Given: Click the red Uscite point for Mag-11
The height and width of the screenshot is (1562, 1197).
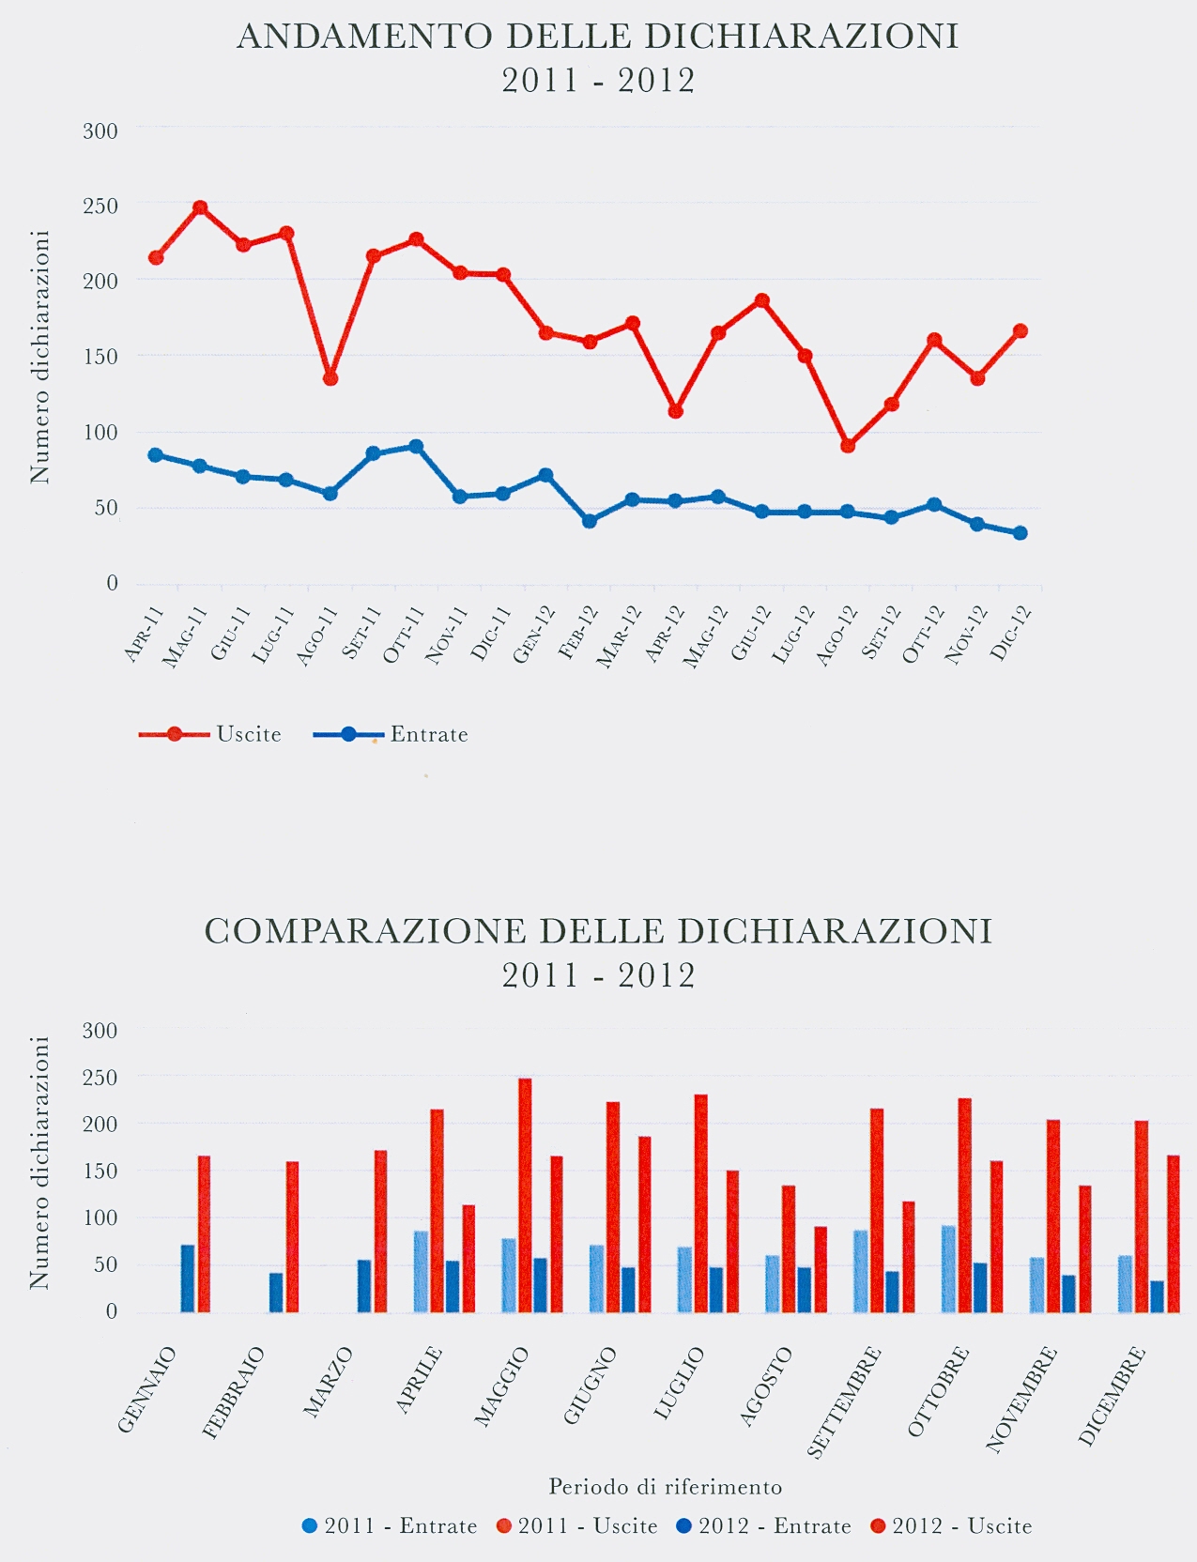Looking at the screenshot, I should (x=200, y=208).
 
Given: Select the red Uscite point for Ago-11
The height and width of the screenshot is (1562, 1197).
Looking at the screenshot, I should (x=330, y=378).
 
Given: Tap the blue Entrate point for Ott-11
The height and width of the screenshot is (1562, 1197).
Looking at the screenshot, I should (x=416, y=447).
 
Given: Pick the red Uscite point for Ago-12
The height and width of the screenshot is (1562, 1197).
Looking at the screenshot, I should (x=848, y=445).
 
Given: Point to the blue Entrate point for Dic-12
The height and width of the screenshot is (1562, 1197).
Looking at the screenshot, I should (x=1021, y=533).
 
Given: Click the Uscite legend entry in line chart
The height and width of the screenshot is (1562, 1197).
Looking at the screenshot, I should (x=210, y=734).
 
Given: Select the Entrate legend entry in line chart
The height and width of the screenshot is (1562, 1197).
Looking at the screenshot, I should (x=391, y=734).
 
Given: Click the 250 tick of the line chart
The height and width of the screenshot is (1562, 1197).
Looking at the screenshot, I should (x=100, y=206).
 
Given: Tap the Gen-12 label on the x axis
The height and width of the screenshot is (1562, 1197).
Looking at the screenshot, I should (x=533, y=636).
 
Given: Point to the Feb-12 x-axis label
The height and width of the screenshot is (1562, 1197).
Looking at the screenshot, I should (x=577, y=634).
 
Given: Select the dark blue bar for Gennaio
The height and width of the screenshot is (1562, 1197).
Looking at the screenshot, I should (x=188, y=1278).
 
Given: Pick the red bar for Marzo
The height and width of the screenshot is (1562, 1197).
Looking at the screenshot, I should (x=380, y=1231).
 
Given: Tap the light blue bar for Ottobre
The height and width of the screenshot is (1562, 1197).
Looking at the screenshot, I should (x=949, y=1268).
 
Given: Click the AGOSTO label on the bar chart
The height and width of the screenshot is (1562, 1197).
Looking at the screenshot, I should (x=766, y=1387).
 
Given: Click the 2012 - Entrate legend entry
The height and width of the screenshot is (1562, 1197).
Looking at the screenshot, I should (x=763, y=1526).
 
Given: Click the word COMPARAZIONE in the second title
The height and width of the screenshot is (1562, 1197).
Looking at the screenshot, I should (x=365, y=931).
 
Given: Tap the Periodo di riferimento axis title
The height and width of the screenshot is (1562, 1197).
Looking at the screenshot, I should (x=665, y=1487).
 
